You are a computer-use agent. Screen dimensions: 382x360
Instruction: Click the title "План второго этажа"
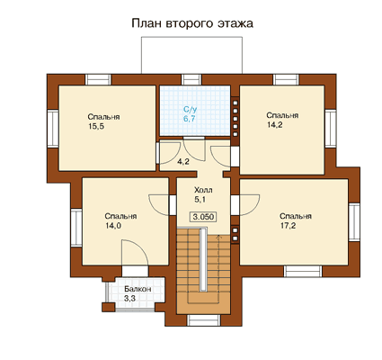pos(192,23)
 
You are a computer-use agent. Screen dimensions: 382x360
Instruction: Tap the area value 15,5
pos(96,127)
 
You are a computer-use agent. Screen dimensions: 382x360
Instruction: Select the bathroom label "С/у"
pos(190,110)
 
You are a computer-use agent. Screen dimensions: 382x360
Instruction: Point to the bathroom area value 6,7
pos(190,119)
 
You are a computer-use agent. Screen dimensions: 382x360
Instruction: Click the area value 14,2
pos(275,125)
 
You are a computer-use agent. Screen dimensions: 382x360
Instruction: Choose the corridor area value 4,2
pos(182,162)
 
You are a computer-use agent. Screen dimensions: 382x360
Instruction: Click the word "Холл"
pos(203,190)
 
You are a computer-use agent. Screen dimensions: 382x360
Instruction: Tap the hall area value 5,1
pos(200,200)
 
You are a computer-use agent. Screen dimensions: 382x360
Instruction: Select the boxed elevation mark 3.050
pos(203,217)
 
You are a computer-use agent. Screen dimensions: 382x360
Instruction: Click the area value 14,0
pos(113,226)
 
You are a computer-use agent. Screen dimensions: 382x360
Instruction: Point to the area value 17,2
pos(288,226)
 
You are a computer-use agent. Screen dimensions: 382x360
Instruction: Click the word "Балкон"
pos(138,289)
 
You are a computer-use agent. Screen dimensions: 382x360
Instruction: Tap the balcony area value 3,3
pos(130,299)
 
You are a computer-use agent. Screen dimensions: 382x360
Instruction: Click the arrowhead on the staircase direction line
pos(218,237)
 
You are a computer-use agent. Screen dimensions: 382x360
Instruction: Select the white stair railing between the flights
pos(203,259)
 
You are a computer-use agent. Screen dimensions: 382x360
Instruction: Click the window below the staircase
pos(204,320)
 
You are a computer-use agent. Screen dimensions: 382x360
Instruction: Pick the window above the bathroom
pos(191,80)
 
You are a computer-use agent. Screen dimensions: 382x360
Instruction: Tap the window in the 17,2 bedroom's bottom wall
pos(303,271)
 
